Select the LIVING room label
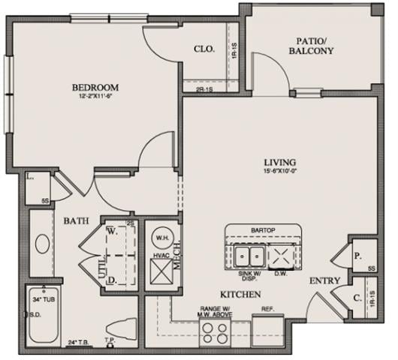(279, 162)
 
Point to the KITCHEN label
(240, 295)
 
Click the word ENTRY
(326, 281)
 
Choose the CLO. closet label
(204, 49)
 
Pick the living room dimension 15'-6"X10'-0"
(279, 172)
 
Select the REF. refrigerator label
(267, 307)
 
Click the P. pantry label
(357, 256)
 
